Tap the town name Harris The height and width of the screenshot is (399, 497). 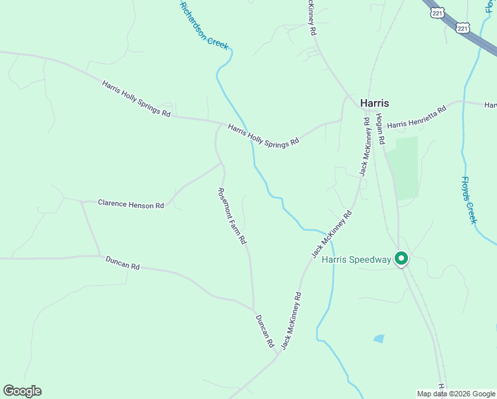(x=374, y=103)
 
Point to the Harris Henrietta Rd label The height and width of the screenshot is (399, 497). (x=416, y=117)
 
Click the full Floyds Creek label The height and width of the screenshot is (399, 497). (x=469, y=199)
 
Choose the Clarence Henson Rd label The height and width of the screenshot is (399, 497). (x=131, y=205)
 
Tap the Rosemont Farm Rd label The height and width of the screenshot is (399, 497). (x=233, y=215)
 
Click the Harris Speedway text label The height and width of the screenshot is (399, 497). (x=356, y=259)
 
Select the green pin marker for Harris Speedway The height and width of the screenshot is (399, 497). (x=401, y=258)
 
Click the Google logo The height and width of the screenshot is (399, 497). (x=22, y=391)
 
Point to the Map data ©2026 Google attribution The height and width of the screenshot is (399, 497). (x=456, y=394)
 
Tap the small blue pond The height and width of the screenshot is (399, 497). (x=379, y=338)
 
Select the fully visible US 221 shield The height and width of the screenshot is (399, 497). (x=463, y=27)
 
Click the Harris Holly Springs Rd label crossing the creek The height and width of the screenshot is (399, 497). (x=264, y=134)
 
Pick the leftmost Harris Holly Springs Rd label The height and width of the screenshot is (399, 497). (x=136, y=99)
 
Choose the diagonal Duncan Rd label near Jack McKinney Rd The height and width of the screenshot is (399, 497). (x=264, y=331)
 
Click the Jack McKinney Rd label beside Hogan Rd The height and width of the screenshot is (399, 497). (x=365, y=146)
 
